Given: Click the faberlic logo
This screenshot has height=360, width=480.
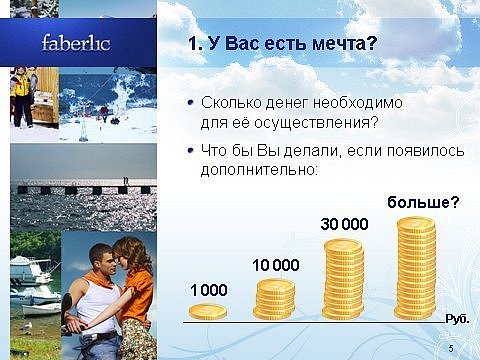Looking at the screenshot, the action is point(76,43).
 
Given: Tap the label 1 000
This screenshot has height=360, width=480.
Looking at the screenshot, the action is point(209,290).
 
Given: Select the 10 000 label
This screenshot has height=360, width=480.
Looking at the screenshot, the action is point(276,266).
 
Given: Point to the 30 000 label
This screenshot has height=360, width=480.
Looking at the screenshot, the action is point(345,224).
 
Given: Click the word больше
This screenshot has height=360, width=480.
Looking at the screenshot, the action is point(417,202).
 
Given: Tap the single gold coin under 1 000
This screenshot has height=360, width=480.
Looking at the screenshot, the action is point(208,312).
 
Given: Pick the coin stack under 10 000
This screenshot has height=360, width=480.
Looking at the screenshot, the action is point(274,299).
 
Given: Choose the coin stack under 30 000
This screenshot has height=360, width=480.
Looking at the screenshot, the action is point(344,279).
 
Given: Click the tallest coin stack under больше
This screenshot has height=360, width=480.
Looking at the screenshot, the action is point(416,268).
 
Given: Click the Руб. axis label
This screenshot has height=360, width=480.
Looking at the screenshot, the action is point(457,319).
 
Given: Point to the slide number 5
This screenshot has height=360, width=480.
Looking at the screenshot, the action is point(451,349).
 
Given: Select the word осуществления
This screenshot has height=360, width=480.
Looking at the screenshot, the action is point(312,123).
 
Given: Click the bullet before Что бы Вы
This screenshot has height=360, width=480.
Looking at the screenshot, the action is point(191,151).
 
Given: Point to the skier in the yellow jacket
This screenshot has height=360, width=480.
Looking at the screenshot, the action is point(23,96).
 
